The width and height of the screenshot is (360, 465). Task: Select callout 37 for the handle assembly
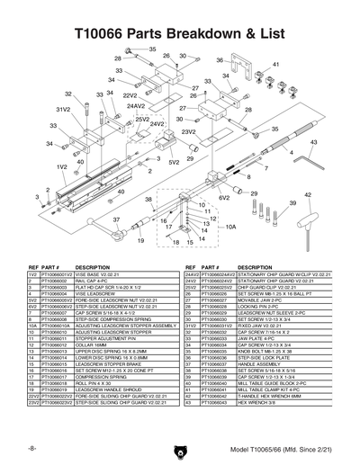[x=116, y=219]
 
